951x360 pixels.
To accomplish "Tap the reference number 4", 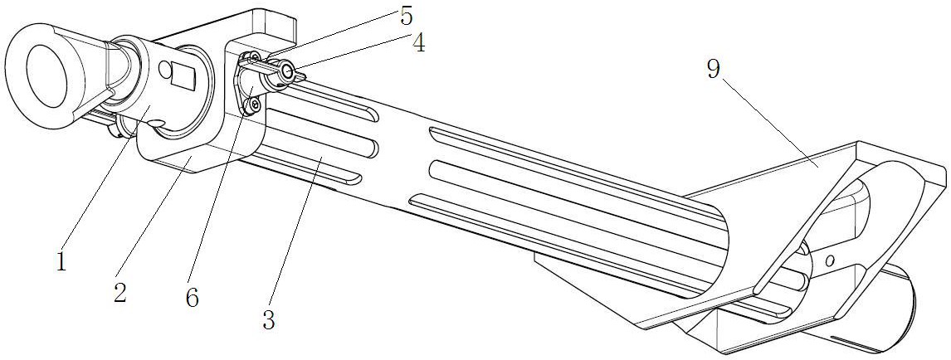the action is (418, 42).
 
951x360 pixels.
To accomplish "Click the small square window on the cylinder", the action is (182, 75).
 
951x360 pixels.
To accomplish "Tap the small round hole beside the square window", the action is (163, 71).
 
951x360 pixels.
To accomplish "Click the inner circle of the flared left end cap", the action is (44, 75).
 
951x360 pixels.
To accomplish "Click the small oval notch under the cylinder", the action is (157, 123).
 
